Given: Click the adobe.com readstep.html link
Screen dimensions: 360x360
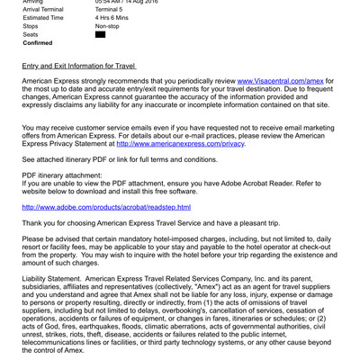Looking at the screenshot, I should coord(106,207).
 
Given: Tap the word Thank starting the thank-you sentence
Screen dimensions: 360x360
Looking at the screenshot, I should coord(34,224).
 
